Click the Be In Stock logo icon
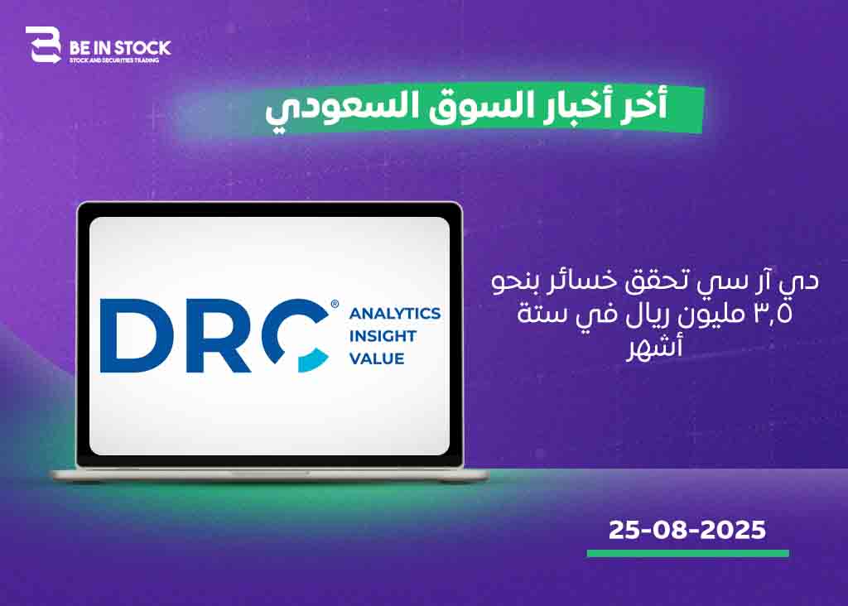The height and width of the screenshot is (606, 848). [43, 45]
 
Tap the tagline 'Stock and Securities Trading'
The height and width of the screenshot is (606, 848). [114, 60]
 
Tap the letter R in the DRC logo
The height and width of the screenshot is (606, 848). [219, 335]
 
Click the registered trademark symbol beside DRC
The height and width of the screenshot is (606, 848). [335, 305]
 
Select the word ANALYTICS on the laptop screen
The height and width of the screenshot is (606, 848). [395, 314]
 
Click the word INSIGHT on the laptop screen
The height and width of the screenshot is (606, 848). [383, 336]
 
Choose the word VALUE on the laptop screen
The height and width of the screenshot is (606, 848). [377, 359]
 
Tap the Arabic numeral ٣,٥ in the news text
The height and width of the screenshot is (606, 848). [773, 314]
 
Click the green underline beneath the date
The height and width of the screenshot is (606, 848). [688, 554]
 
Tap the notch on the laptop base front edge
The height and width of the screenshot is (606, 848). [270, 473]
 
